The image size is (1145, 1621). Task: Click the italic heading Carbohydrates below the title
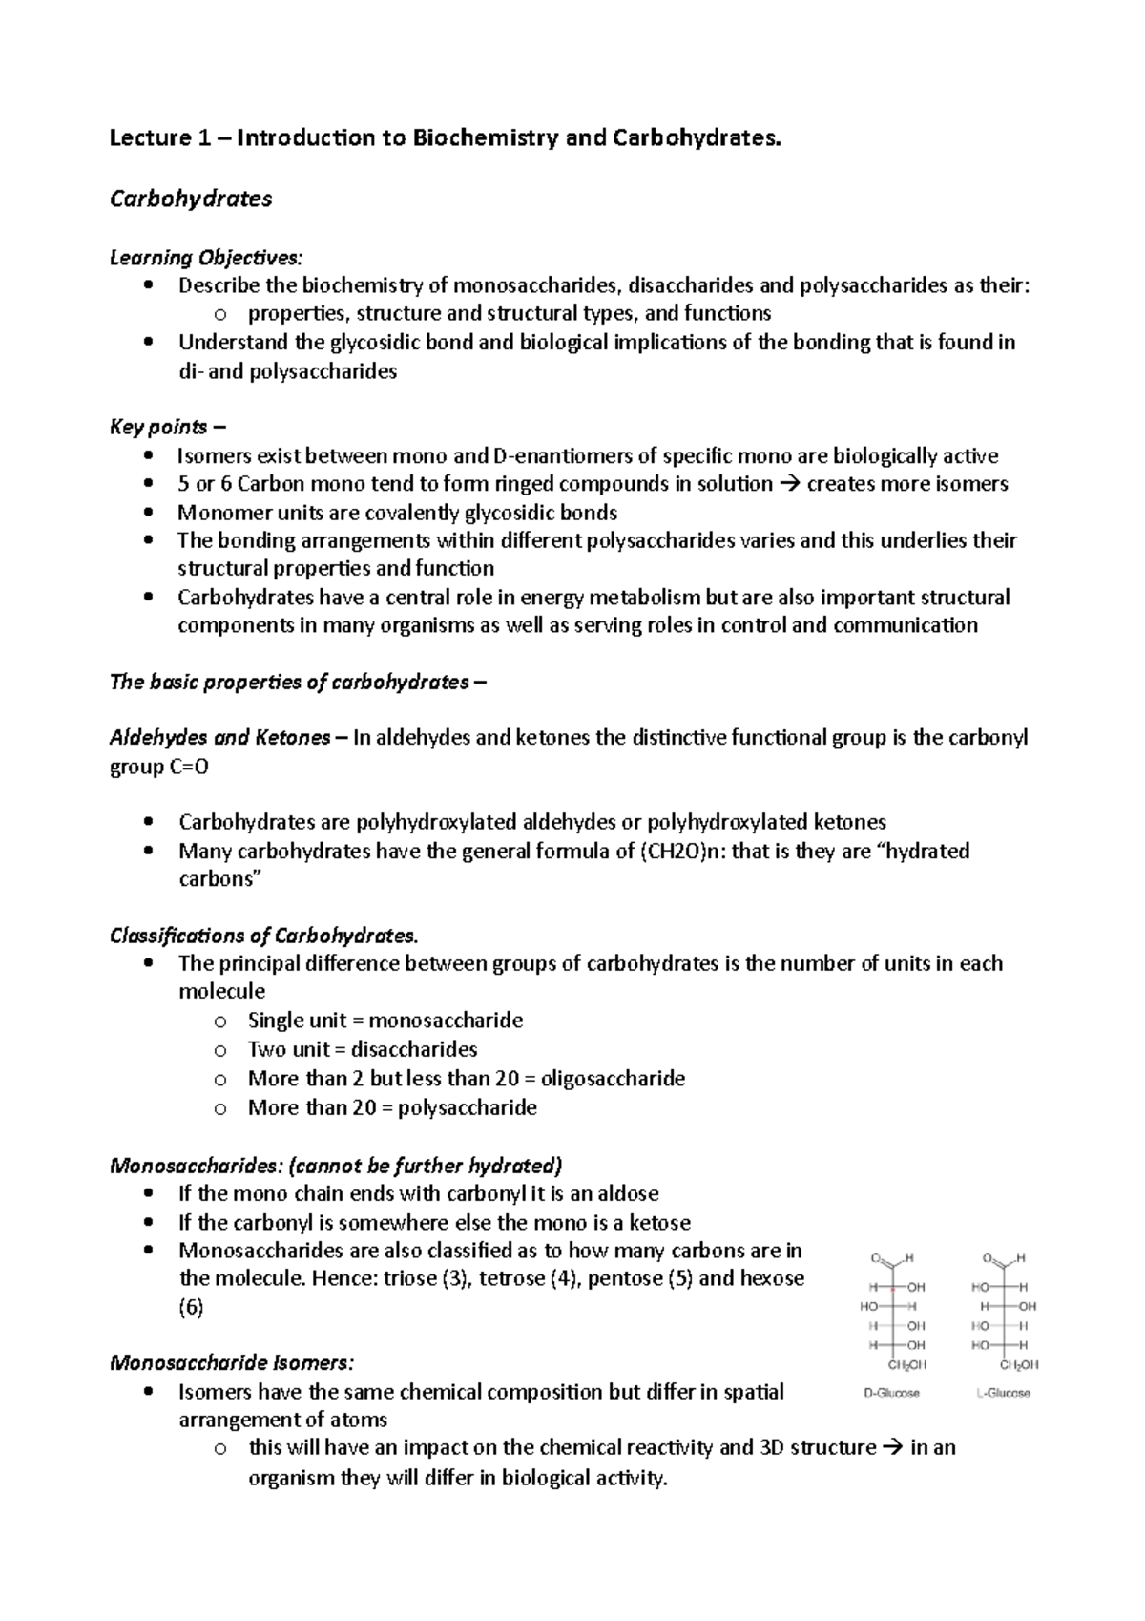point(191,199)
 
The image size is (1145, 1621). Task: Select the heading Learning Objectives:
point(206,258)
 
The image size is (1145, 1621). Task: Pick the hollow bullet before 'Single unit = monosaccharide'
point(219,1021)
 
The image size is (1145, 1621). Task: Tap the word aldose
point(625,1194)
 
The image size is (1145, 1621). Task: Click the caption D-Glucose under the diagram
point(891,1393)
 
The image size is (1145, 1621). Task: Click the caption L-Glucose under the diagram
point(1003,1393)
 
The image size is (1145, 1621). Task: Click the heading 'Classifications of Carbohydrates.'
point(264,936)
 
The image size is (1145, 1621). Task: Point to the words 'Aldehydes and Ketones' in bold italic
point(220,738)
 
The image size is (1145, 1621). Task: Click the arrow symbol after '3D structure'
point(893,1448)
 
